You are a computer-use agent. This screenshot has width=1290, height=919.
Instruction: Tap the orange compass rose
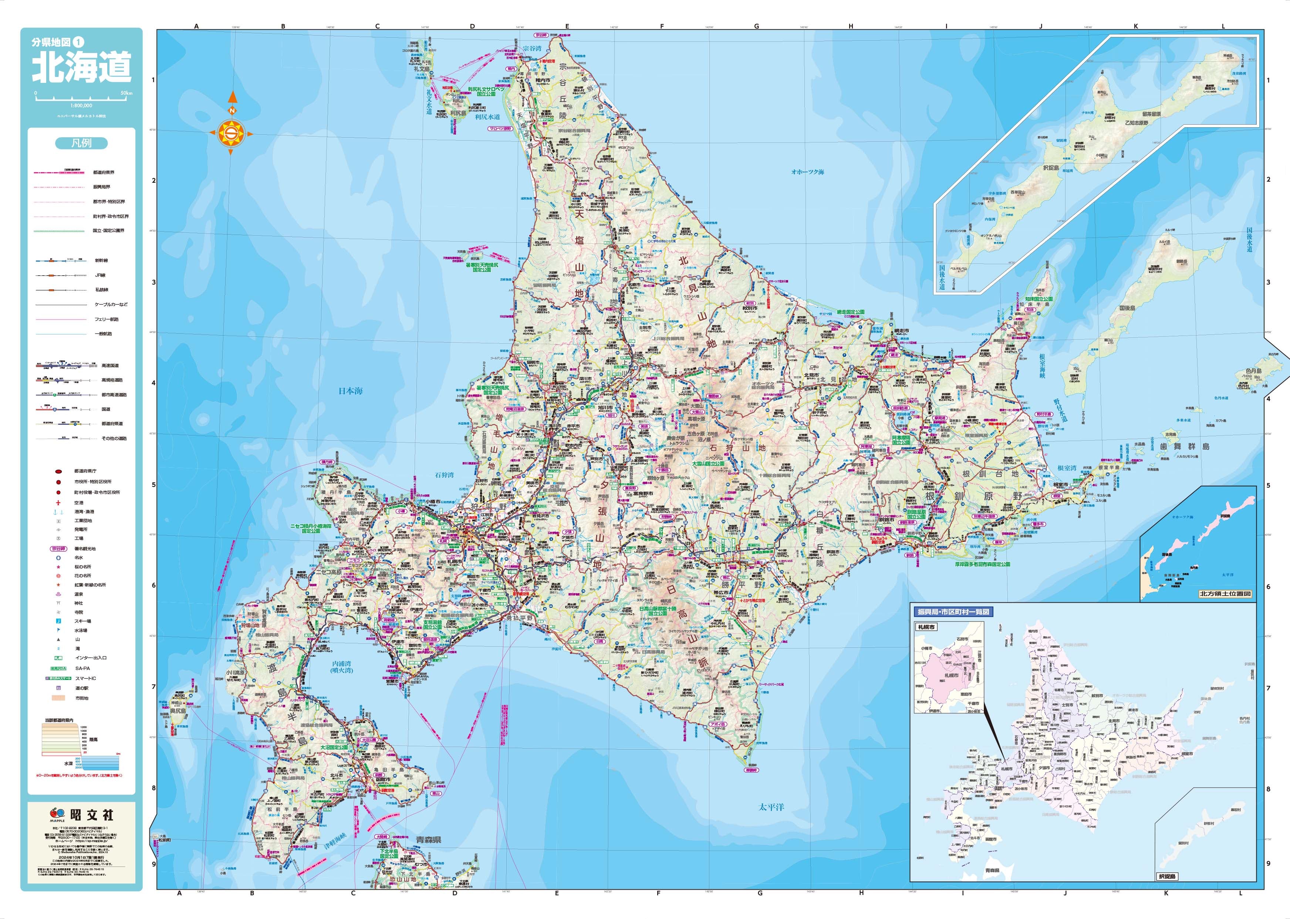pos(231,134)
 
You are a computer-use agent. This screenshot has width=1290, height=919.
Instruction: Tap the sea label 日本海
pos(351,391)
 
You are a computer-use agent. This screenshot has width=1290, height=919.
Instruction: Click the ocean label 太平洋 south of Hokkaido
pos(771,807)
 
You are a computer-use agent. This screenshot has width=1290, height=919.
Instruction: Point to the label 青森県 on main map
pos(428,840)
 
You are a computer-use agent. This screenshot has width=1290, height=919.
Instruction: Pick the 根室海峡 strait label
pos(1042,366)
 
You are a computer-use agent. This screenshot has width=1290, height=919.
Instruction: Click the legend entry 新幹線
pos(101,261)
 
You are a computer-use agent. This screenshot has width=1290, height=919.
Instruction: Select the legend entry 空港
pos(79,502)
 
